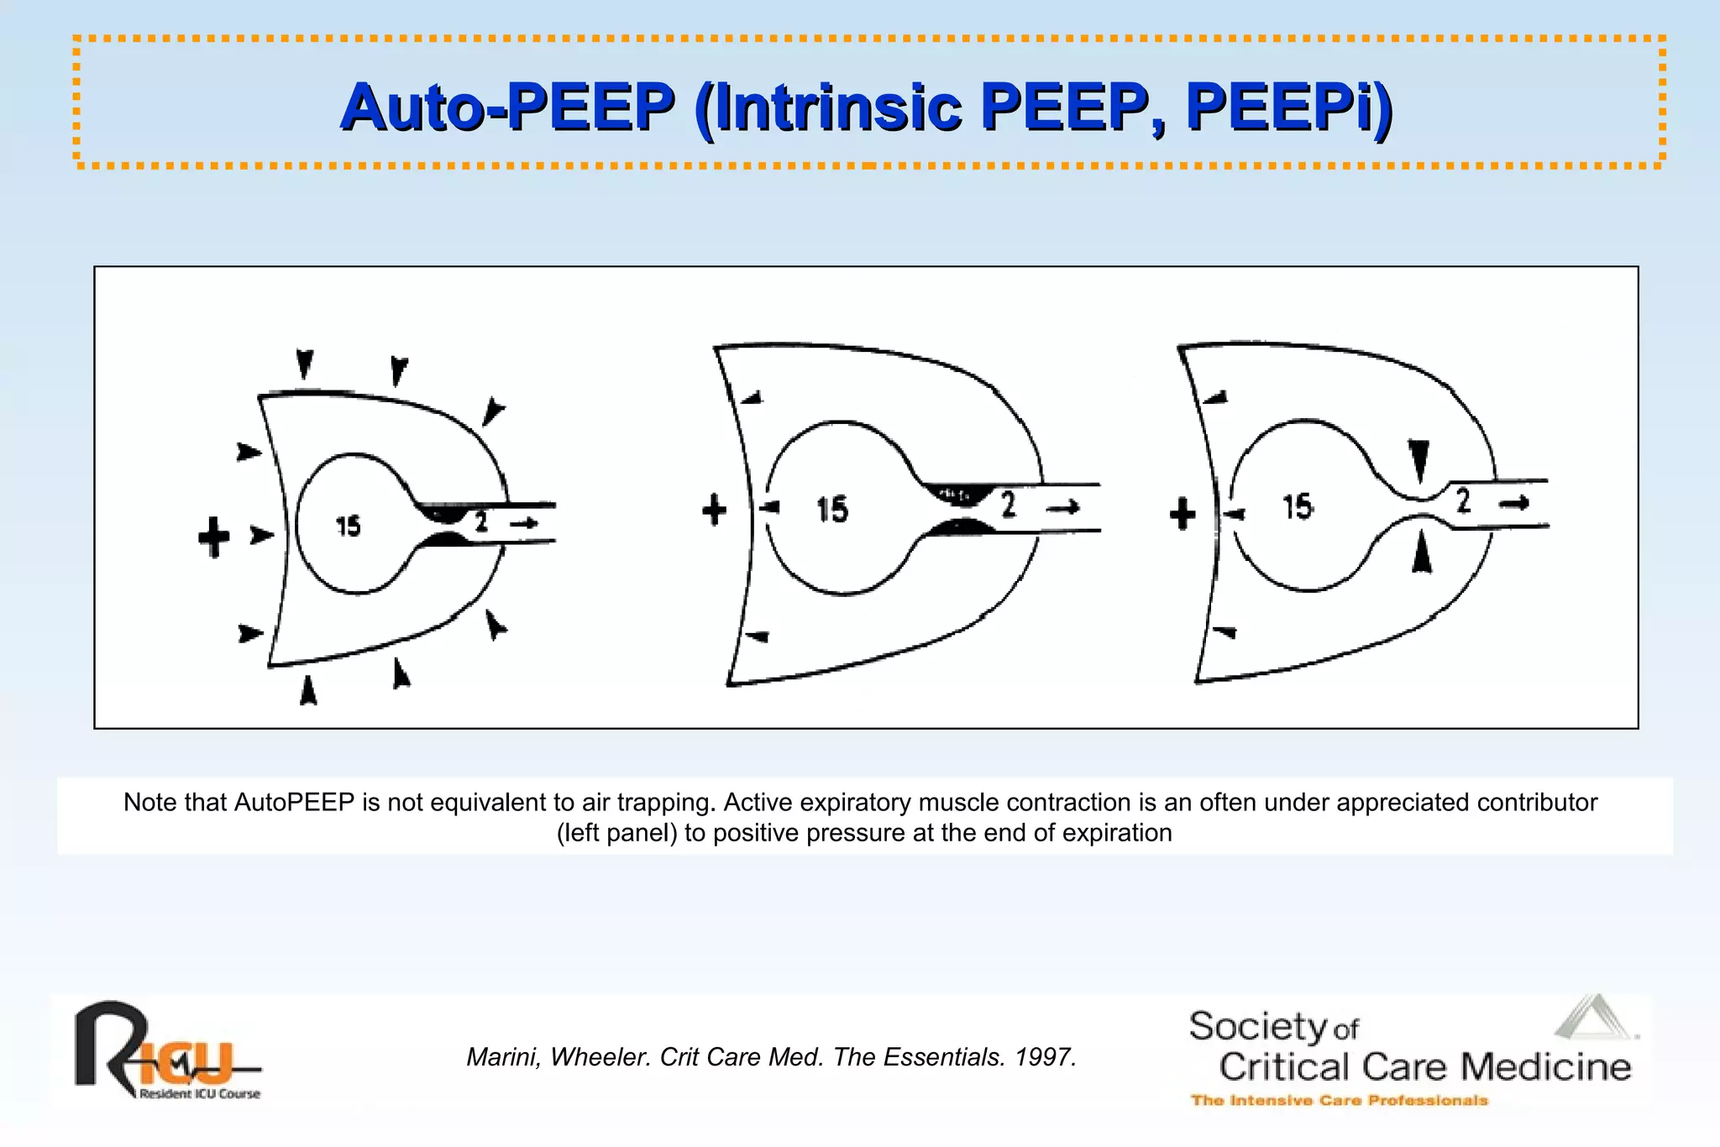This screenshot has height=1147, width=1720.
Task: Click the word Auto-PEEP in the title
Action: pyautogui.click(x=507, y=107)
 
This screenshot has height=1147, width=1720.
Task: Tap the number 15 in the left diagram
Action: pyautogui.click(x=348, y=526)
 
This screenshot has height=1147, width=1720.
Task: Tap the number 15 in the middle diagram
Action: pyautogui.click(x=832, y=510)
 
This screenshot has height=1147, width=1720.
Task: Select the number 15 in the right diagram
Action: pyautogui.click(x=1298, y=506)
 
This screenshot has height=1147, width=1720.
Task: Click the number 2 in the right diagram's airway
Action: pyautogui.click(x=1463, y=500)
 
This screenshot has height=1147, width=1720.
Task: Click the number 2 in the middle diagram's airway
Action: pyautogui.click(x=1008, y=505)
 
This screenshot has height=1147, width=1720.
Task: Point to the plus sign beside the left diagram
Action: pyautogui.click(x=214, y=537)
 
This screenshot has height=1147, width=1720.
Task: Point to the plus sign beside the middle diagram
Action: pyautogui.click(x=714, y=510)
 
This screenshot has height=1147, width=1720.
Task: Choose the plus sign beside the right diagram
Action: pyautogui.click(x=1182, y=513)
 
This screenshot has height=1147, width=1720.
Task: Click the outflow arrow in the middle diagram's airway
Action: pyautogui.click(x=1064, y=506)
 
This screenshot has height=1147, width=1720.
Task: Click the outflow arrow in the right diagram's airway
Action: pyautogui.click(x=1514, y=503)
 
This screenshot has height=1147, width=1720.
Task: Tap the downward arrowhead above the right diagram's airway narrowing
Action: pyautogui.click(x=1418, y=459)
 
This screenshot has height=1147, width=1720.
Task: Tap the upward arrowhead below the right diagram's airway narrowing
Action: pyautogui.click(x=1421, y=554)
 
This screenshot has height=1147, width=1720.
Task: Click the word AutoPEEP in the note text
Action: pyautogui.click(x=294, y=803)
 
